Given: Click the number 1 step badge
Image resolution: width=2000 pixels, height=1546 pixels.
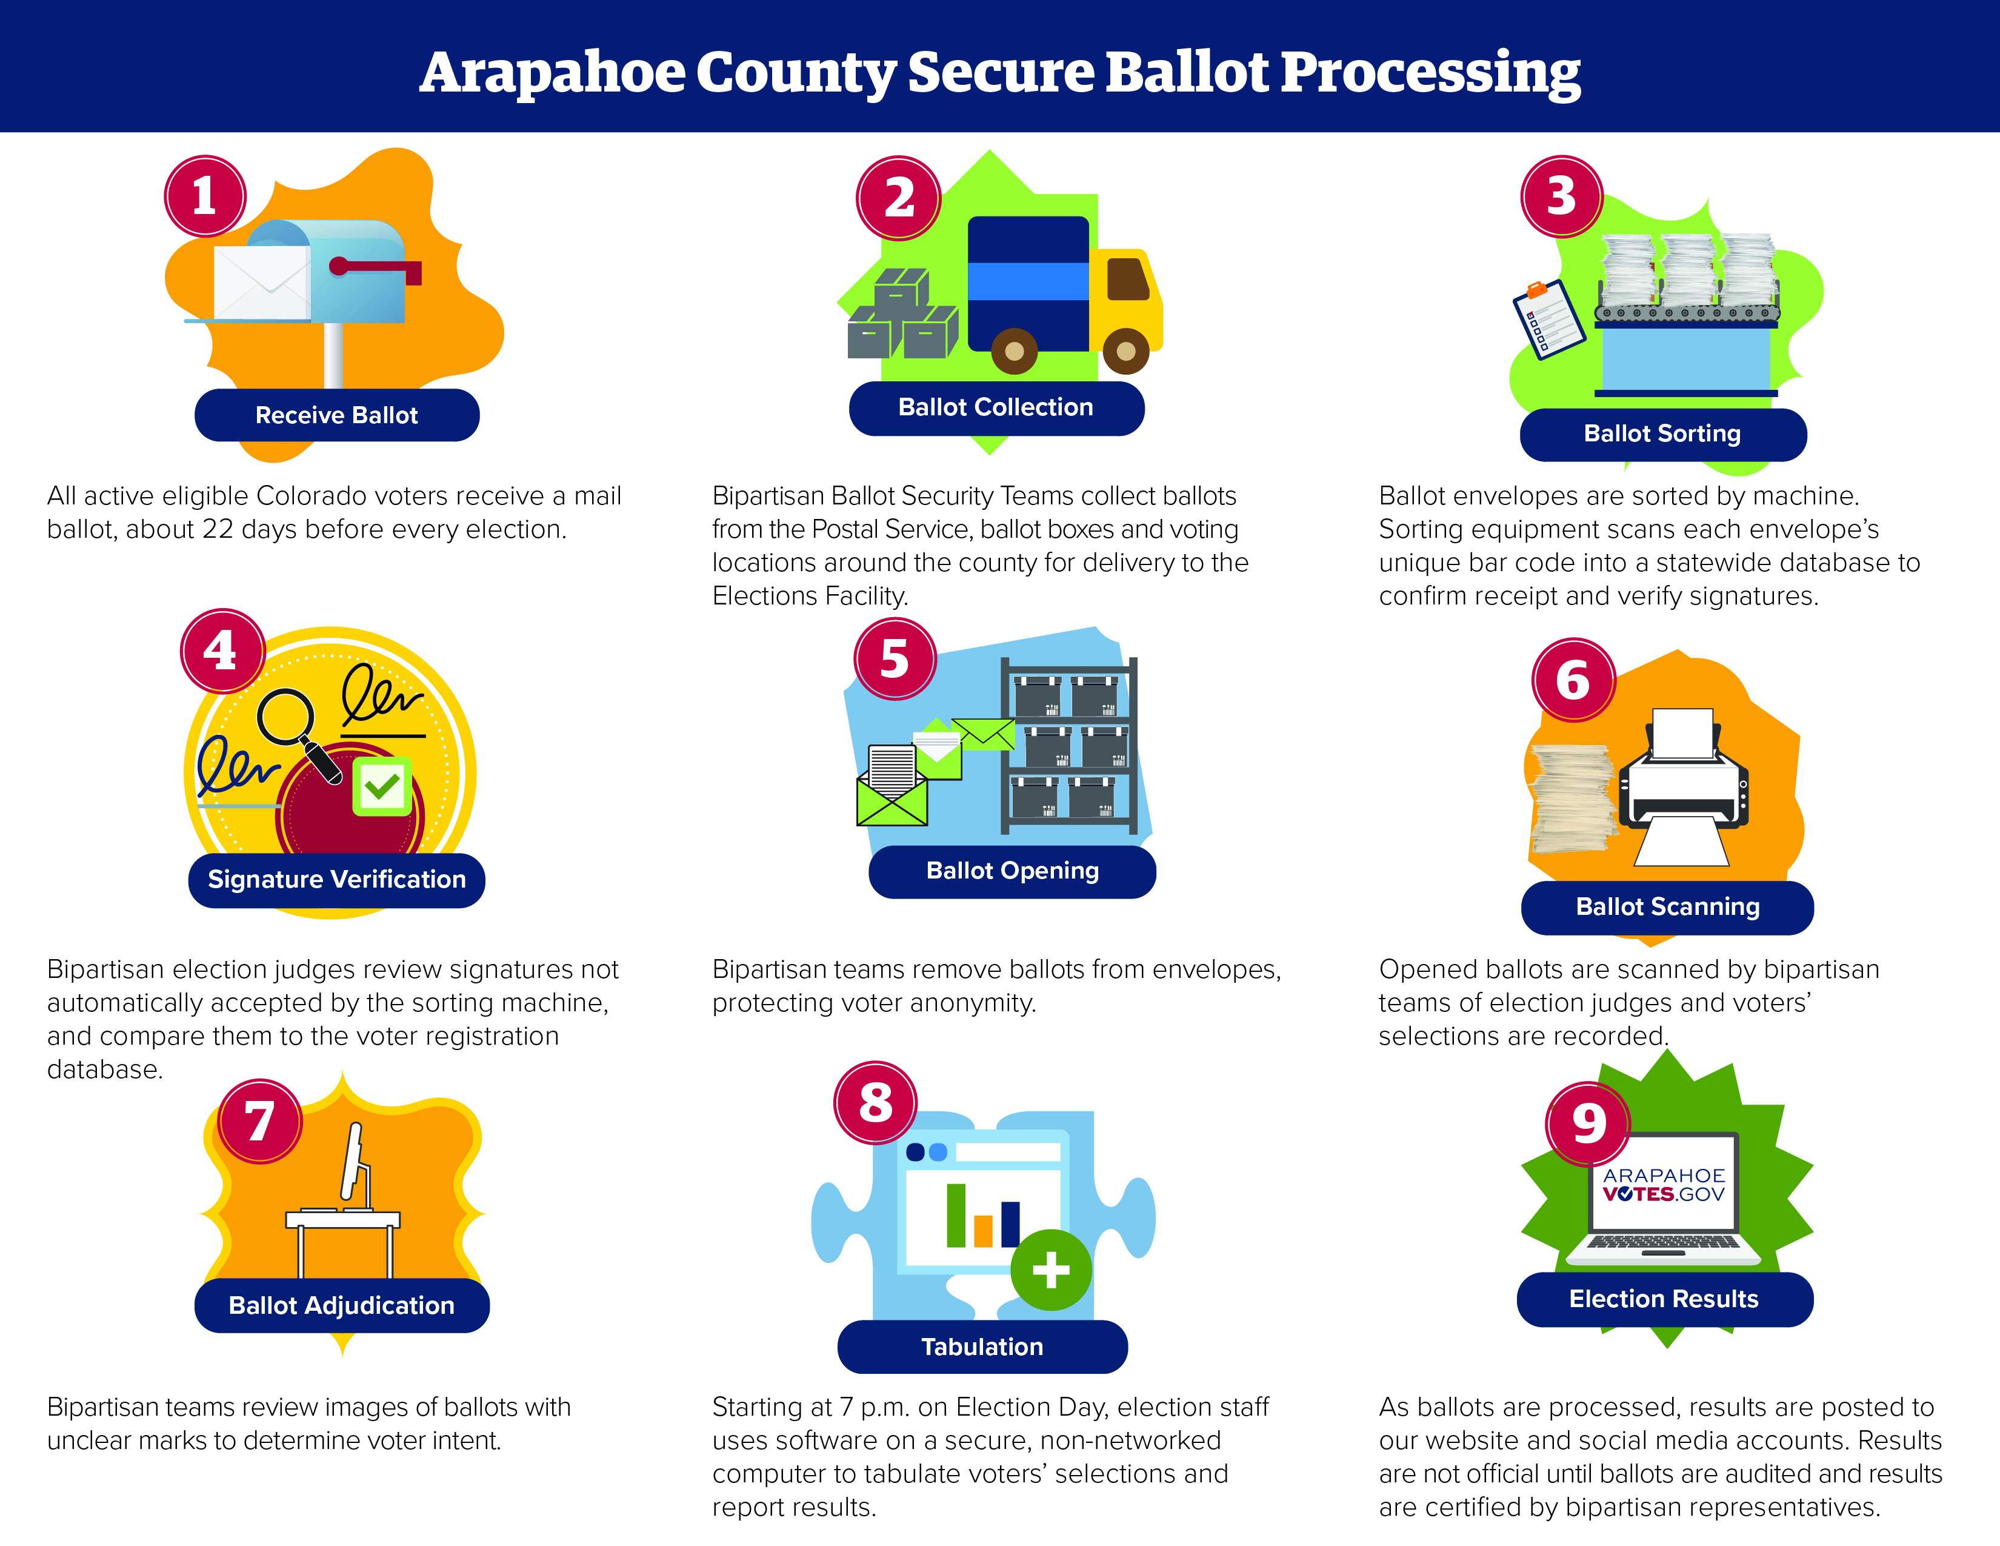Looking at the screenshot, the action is [205, 196].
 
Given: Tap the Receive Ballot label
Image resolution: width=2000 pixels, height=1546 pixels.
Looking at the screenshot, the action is [337, 415].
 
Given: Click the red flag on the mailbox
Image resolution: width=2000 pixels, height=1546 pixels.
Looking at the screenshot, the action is [376, 269].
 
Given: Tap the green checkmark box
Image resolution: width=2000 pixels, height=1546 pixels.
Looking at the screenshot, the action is [382, 786].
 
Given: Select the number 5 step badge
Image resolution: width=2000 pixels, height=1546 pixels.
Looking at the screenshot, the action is [895, 658].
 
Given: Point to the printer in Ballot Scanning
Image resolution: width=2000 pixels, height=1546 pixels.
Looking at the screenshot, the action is [1683, 786].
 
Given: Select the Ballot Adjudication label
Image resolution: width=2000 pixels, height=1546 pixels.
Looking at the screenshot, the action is [342, 1305].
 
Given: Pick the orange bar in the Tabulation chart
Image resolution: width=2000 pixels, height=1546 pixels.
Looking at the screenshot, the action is [984, 1231].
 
